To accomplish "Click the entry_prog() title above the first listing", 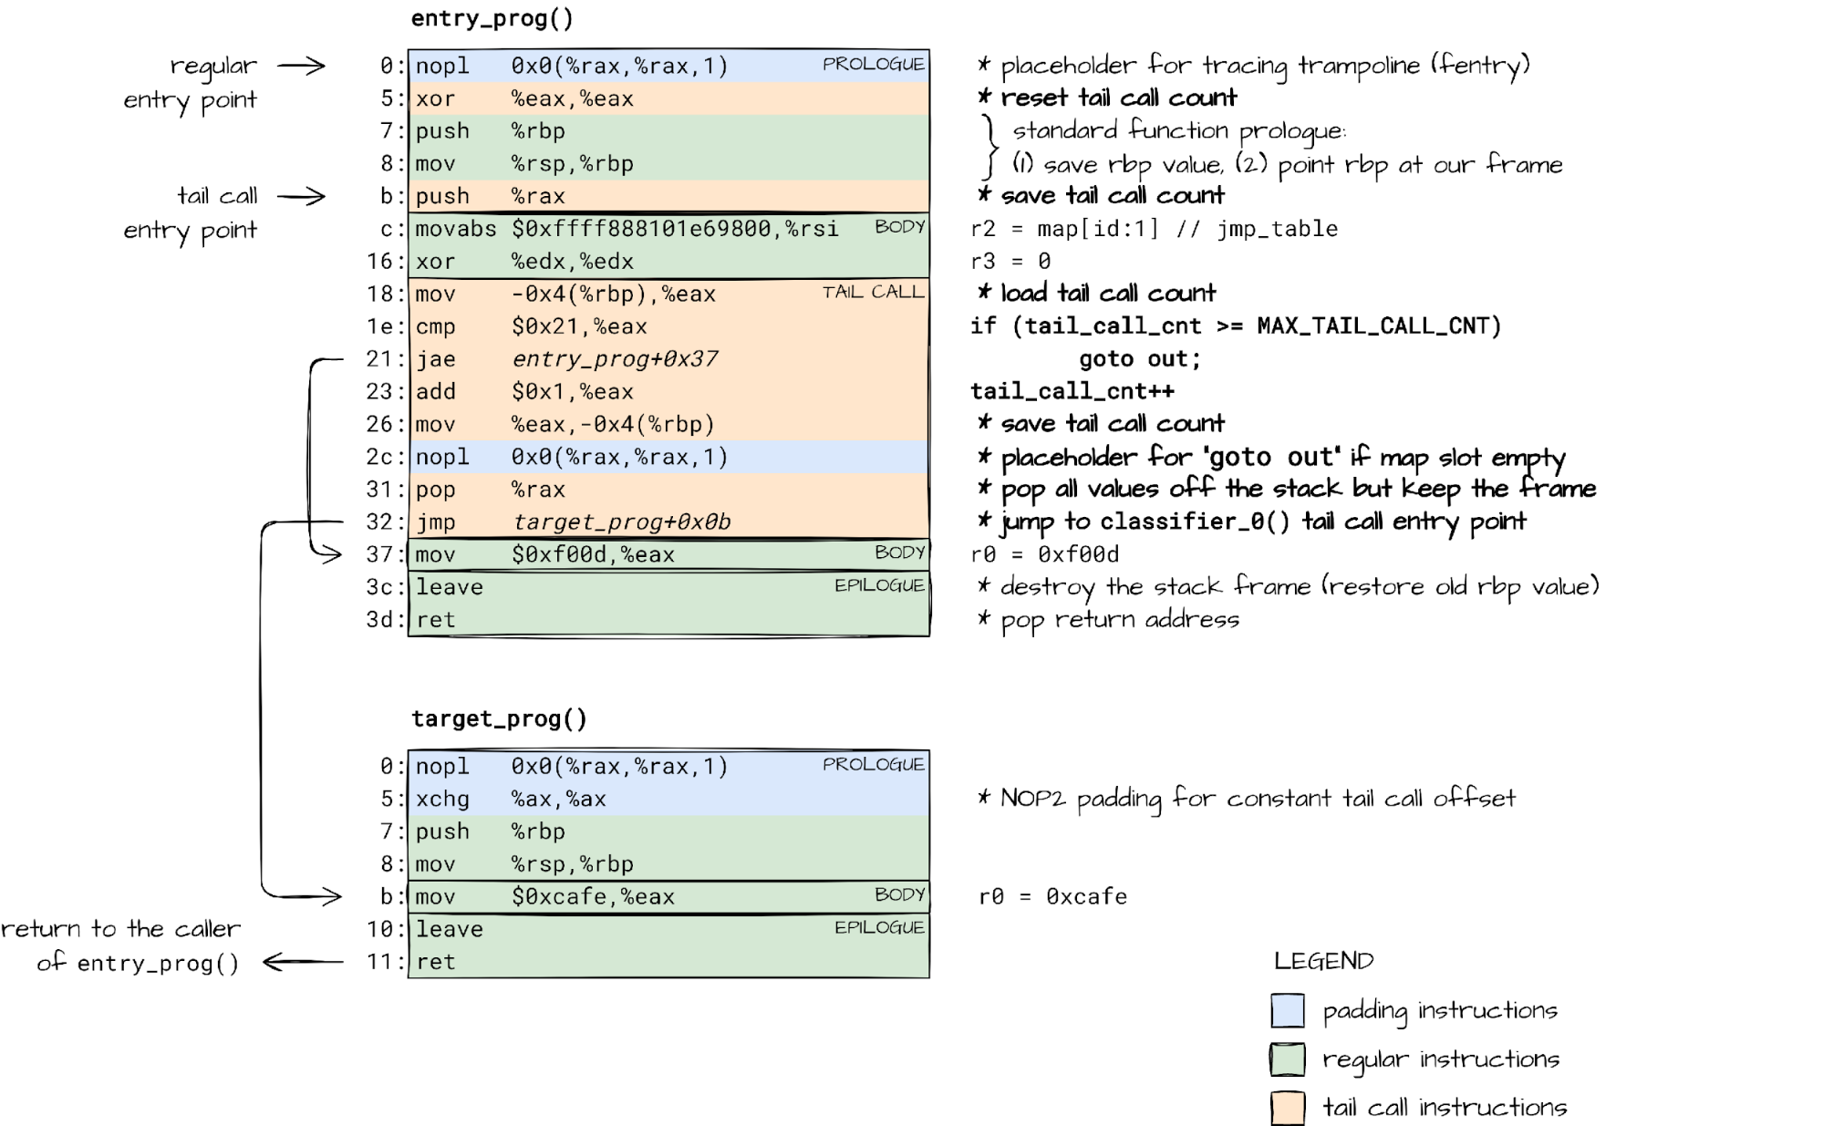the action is pyautogui.click(x=492, y=18).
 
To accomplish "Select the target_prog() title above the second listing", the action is pyautogui.click(x=499, y=718).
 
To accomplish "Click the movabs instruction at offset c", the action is pyautogui.click(x=627, y=228).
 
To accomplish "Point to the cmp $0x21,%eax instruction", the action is pyautogui.click(x=532, y=326).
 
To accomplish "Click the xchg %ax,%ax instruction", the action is pyautogui.click(x=511, y=799).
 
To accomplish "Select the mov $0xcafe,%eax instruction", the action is pyautogui.click(x=545, y=896).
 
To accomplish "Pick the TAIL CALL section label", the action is pyautogui.click(x=873, y=292).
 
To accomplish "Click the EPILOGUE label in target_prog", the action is pyautogui.click(x=879, y=927).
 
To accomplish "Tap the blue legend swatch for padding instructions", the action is pyautogui.click(x=1288, y=1010).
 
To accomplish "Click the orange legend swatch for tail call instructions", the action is pyautogui.click(x=1288, y=1108).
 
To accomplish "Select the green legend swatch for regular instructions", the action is pyautogui.click(x=1288, y=1059).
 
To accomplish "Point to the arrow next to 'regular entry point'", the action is pyautogui.click(x=301, y=66).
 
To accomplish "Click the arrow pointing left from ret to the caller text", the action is pyautogui.click(x=303, y=961).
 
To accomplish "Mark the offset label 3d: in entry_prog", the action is pyautogui.click(x=384, y=620).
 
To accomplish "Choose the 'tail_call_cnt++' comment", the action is pyautogui.click(x=1072, y=392).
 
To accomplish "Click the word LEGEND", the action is pyautogui.click(x=1323, y=960).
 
